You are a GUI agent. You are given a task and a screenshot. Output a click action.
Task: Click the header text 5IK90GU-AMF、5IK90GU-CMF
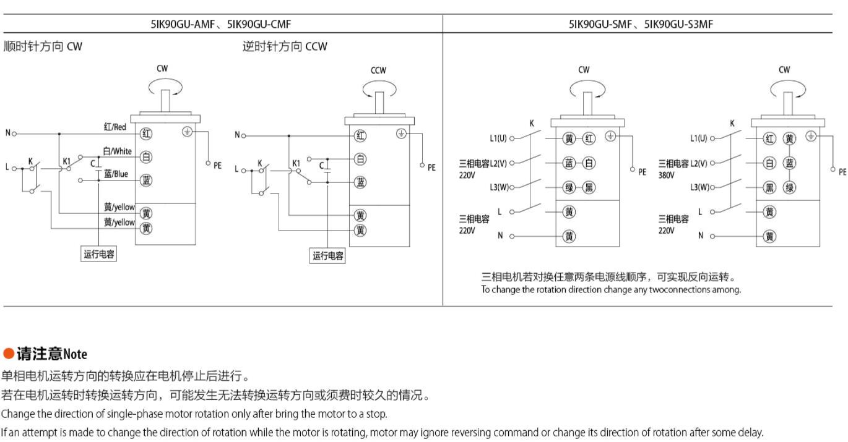(221, 24)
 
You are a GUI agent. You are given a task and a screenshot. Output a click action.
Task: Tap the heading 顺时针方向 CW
(43, 46)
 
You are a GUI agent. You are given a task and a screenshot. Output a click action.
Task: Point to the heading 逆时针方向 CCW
(285, 46)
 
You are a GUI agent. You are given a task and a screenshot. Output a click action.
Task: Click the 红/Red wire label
(115, 127)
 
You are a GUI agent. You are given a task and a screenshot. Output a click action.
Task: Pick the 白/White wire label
(117, 151)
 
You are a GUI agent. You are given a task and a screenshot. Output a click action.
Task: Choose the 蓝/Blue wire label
(116, 174)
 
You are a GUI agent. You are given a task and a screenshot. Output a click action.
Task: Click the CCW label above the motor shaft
(378, 70)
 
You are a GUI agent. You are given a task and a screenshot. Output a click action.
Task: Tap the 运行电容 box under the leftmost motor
(99, 254)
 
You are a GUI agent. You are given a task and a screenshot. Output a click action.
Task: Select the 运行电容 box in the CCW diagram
(328, 256)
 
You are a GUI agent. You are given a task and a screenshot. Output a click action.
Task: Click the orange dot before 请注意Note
(8, 354)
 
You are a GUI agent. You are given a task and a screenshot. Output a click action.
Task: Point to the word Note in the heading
(75, 354)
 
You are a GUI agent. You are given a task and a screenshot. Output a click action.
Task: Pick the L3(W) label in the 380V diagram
(699, 187)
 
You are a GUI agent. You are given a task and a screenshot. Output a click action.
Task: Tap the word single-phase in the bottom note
(136, 414)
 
